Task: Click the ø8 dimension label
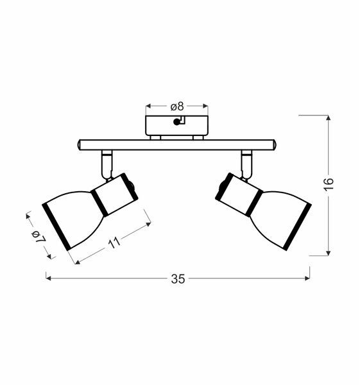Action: [177, 107]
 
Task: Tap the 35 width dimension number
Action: [178, 279]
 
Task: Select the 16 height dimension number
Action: [329, 184]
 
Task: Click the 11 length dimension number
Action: [114, 243]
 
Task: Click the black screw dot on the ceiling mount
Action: [176, 122]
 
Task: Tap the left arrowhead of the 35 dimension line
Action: [48, 278]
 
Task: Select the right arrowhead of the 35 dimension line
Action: [307, 278]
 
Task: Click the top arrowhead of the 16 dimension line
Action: [329, 118]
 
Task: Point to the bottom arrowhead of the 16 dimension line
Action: [329, 253]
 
